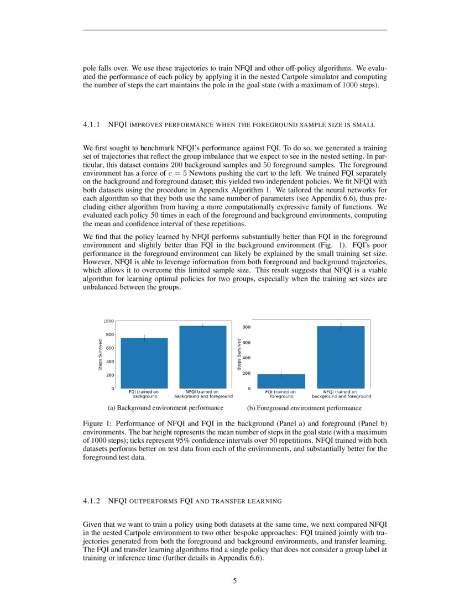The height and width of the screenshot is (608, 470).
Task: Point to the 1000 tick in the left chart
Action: tap(108, 321)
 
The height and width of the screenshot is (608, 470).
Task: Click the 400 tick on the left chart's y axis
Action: tap(110, 361)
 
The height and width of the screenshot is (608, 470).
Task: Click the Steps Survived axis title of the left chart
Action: tap(100, 354)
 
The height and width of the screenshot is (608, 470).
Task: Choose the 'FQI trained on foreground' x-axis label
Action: tap(281, 394)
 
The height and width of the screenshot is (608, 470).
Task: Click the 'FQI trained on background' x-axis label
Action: tap(144, 394)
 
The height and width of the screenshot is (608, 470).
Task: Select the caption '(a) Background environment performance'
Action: tap(165, 408)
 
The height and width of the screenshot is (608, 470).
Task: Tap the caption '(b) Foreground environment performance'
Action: tap(304, 408)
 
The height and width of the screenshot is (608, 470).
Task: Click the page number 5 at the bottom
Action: tap(235, 580)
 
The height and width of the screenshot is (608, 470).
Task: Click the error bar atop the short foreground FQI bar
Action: tap(281, 374)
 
